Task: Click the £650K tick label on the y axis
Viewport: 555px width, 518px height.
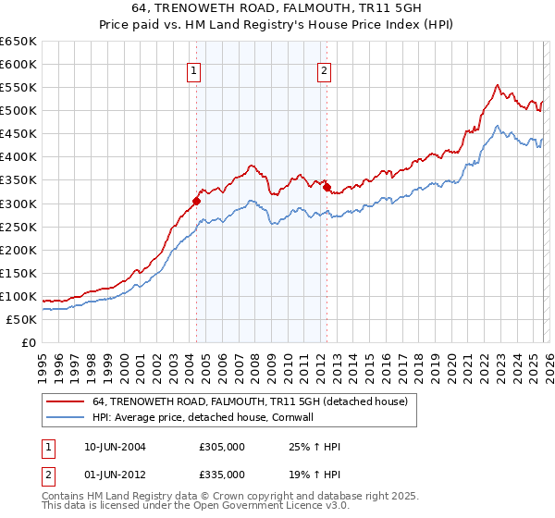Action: tap(18, 42)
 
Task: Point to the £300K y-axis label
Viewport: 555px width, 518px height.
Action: tap(18, 203)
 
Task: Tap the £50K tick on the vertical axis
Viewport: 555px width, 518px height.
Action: tap(21, 319)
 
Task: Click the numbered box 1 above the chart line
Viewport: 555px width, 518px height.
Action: tap(194, 71)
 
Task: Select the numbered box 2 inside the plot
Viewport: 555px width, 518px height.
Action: tap(325, 71)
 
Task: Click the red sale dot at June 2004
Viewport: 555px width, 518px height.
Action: tap(196, 201)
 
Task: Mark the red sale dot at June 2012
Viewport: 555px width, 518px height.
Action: tap(327, 187)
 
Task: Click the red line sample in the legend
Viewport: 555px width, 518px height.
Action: tap(66, 401)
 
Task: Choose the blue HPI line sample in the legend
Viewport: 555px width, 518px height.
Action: tap(66, 417)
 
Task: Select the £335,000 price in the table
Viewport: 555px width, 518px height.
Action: tap(222, 475)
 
